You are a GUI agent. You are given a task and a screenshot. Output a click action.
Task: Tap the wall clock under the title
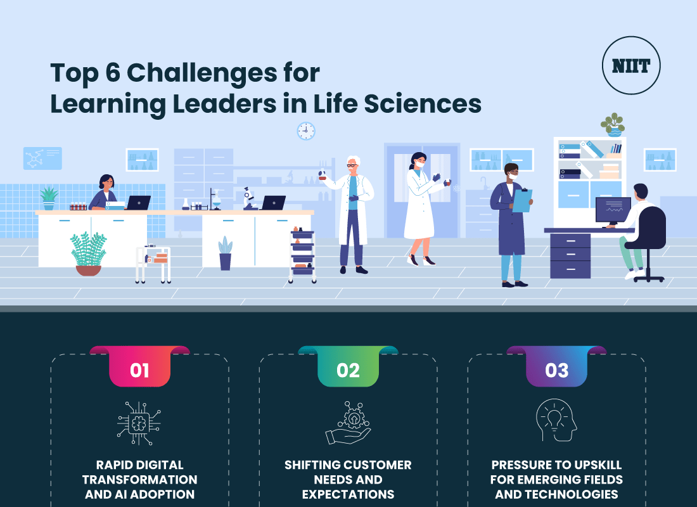tap(306, 131)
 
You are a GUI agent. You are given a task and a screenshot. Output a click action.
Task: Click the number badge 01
tap(139, 369)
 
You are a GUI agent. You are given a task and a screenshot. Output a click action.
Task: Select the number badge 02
tap(348, 369)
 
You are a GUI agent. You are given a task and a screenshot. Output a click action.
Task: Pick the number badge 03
tap(556, 369)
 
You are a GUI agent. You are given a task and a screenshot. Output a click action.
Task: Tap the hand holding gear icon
tap(348, 422)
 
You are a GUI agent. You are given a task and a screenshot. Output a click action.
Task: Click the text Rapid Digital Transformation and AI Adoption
tap(139, 480)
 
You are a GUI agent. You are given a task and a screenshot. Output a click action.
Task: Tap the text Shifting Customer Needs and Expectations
tap(348, 480)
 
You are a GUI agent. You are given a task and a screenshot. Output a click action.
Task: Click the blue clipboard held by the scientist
tap(522, 200)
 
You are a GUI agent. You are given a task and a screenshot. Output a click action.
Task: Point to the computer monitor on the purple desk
tap(613, 210)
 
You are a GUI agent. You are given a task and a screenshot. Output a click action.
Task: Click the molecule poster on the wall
tap(42, 158)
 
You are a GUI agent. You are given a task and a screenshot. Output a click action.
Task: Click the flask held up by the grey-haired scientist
tap(323, 175)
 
